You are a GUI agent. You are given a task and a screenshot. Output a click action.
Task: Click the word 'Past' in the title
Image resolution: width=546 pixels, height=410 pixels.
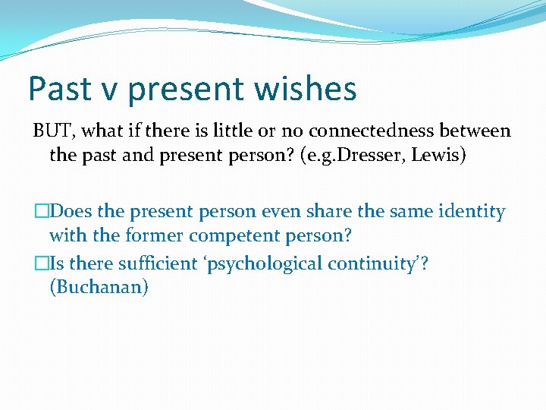pyautogui.click(x=60, y=89)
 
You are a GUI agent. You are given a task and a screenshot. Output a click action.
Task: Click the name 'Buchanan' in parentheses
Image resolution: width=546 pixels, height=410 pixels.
pyautogui.click(x=99, y=289)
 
